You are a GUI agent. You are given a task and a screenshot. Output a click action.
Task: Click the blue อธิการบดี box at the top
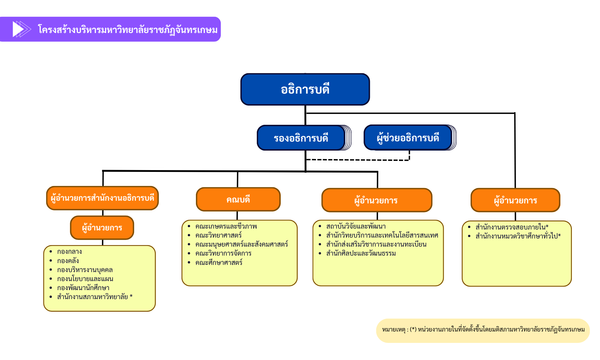pos(305,89)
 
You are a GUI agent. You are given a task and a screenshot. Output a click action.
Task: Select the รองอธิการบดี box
pos(301,138)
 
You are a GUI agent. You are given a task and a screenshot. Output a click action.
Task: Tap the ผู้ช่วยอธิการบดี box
pos(408,137)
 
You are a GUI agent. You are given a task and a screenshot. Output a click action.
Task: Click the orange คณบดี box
pos(238,199)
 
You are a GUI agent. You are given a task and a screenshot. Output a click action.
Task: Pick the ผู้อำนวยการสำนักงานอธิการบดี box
pos(102,198)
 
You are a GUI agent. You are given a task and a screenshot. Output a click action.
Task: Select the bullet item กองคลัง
pos(68,261)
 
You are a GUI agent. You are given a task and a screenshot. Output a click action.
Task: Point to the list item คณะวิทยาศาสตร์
pos(218,235)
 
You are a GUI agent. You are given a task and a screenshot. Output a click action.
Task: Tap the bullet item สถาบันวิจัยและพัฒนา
pos(356,226)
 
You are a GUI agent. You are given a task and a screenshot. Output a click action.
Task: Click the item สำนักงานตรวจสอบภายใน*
pos(512,227)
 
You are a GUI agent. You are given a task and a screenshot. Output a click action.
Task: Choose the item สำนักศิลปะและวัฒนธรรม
pos(361,253)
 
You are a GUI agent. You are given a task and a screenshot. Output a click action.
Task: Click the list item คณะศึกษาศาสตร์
pos(219,262)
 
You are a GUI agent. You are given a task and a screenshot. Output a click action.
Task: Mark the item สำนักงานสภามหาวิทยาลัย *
pos(95,297)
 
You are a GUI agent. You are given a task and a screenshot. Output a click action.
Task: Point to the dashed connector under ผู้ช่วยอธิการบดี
pos(358,160)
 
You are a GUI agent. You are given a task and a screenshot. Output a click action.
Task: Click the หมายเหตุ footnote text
pos(483,330)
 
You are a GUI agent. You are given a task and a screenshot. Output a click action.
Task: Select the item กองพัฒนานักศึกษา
pos(83,288)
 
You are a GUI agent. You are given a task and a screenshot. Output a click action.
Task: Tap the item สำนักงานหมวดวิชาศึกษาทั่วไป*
pos(518,236)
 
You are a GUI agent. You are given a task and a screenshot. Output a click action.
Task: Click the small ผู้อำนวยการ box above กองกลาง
pos(102,228)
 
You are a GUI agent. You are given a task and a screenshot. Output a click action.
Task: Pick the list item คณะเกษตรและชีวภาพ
pos(226,226)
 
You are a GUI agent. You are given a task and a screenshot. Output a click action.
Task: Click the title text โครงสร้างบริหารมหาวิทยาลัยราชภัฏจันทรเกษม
pos(128,30)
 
